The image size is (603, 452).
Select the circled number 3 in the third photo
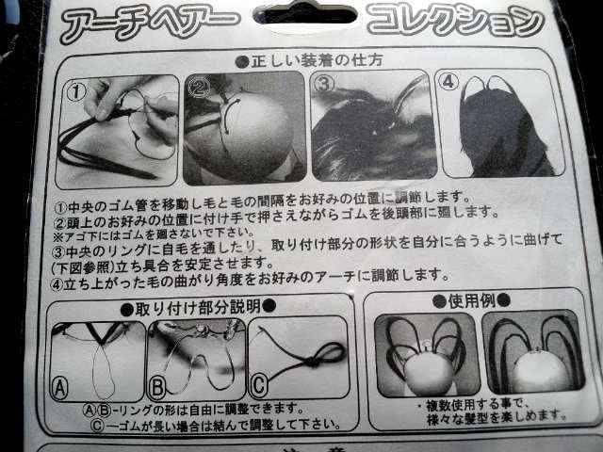pyautogui.click(x=324, y=84)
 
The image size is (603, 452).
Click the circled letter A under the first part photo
pyautogui.click(x=60, y=386)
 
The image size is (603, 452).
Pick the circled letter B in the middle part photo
pyautogui.click(x=158, y=385)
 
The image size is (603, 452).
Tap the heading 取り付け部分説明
pyautogui.click(x=199, y=306)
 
